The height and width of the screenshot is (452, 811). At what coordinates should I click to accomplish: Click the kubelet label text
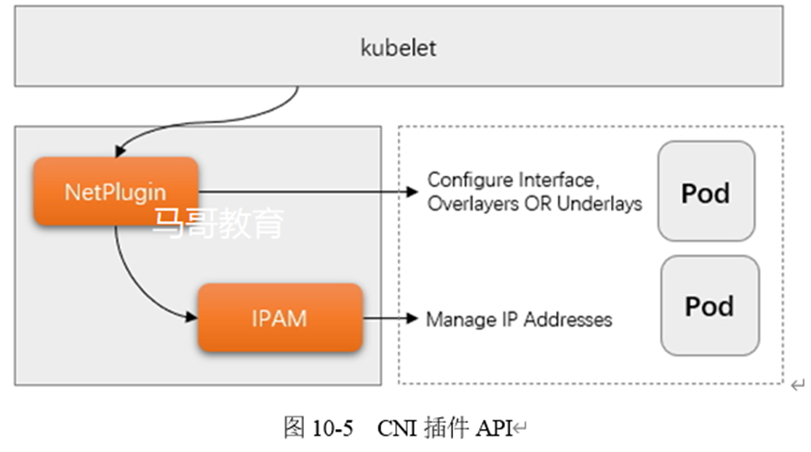click(x=398, y=47)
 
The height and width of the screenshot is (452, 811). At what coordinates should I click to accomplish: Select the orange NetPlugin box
click(x=115, y=191)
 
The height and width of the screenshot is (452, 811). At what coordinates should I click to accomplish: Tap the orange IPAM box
click(x=279, y=318)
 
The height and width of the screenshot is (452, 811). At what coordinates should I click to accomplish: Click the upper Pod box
click(x=705, y=192)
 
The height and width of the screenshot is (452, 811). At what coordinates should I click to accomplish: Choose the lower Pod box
click(x=709, y=305)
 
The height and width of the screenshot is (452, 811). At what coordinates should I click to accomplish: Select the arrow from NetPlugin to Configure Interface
click(x=307, y=191)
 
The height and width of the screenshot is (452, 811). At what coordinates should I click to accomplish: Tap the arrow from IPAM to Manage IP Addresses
click(x=392, y=320)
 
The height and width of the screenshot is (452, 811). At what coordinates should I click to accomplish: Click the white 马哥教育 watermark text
click(x=218, y=223)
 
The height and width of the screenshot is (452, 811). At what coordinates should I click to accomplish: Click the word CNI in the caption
click(x=395, y=427)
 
